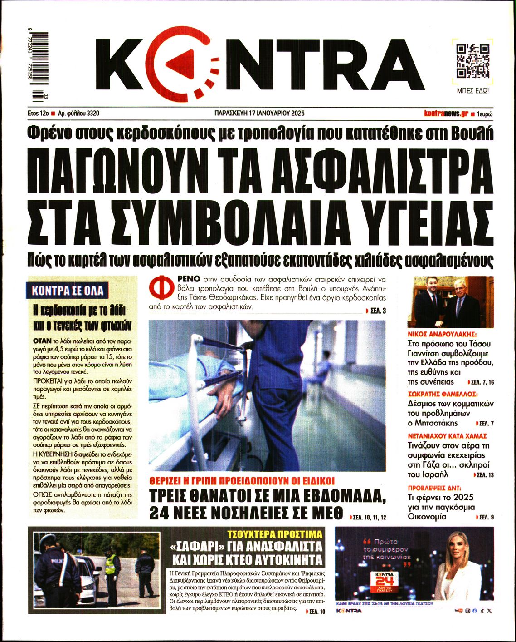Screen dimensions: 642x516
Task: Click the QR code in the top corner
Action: (472, 61)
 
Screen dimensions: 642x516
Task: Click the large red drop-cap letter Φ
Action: (160, 289)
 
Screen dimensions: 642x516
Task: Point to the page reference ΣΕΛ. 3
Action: (375, 311)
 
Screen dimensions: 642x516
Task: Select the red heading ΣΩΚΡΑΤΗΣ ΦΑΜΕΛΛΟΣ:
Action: (443, 394)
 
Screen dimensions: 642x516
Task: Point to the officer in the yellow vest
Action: (111, 572)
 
